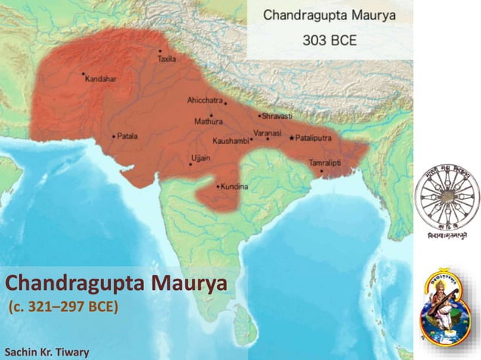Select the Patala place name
pos(127,136)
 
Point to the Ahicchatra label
pos(204,100)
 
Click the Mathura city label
pos(208,121)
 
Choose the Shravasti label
pos(277,117)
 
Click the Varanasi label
pos(267,133)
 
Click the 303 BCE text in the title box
pos(329,39)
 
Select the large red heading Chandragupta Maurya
pos(115,285)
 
